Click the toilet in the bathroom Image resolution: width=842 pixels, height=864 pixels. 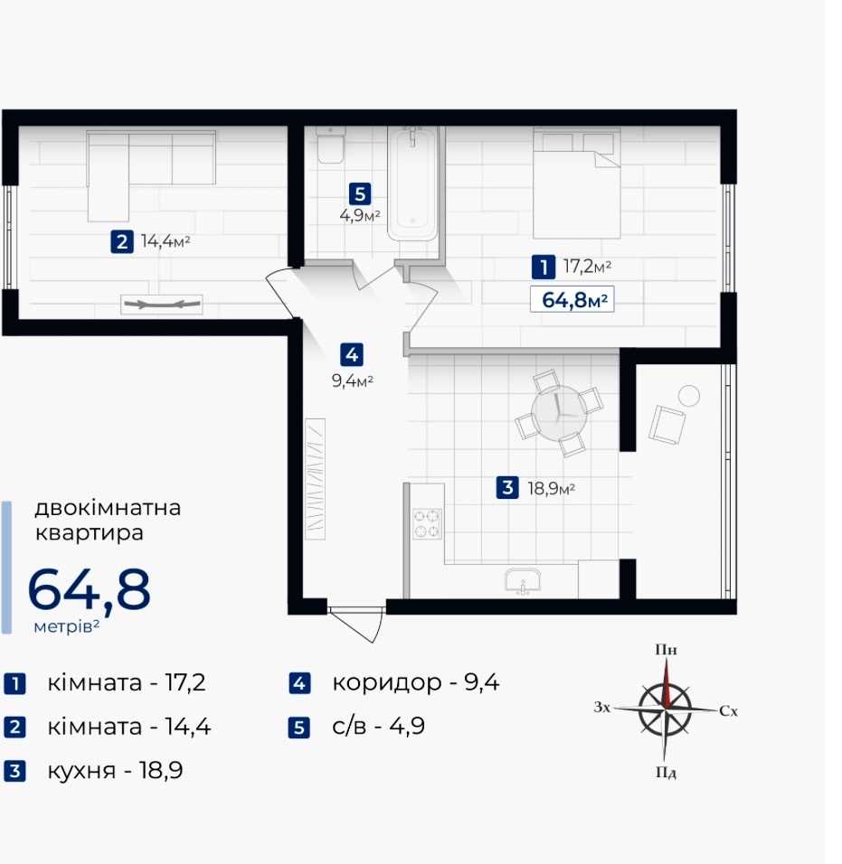pos(330,145)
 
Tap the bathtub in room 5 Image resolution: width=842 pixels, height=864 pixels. pos(412,183)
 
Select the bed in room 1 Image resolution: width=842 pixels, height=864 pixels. pos(576,183)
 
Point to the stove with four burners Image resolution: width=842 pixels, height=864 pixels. pos(428,523)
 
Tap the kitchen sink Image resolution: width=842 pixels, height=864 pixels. pos(523,582)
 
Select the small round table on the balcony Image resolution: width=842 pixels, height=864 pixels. pos(689,396)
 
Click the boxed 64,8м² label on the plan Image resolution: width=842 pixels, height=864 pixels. pos(572,300)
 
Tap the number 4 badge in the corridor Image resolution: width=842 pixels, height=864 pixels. pos(352,355)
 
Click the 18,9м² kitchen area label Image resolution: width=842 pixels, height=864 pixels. pos(552,488)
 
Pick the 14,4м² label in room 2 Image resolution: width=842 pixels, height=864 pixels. pos(166,241)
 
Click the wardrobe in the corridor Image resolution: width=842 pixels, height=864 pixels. pos(315,479)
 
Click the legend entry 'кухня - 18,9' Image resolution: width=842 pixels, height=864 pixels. pos(115,770)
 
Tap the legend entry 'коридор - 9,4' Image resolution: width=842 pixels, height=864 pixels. pos(416,682)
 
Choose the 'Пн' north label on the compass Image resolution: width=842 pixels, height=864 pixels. pos(667,650)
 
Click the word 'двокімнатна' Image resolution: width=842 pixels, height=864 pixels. pos(108,508)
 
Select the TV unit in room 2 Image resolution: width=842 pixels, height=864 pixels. pos(162,305)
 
